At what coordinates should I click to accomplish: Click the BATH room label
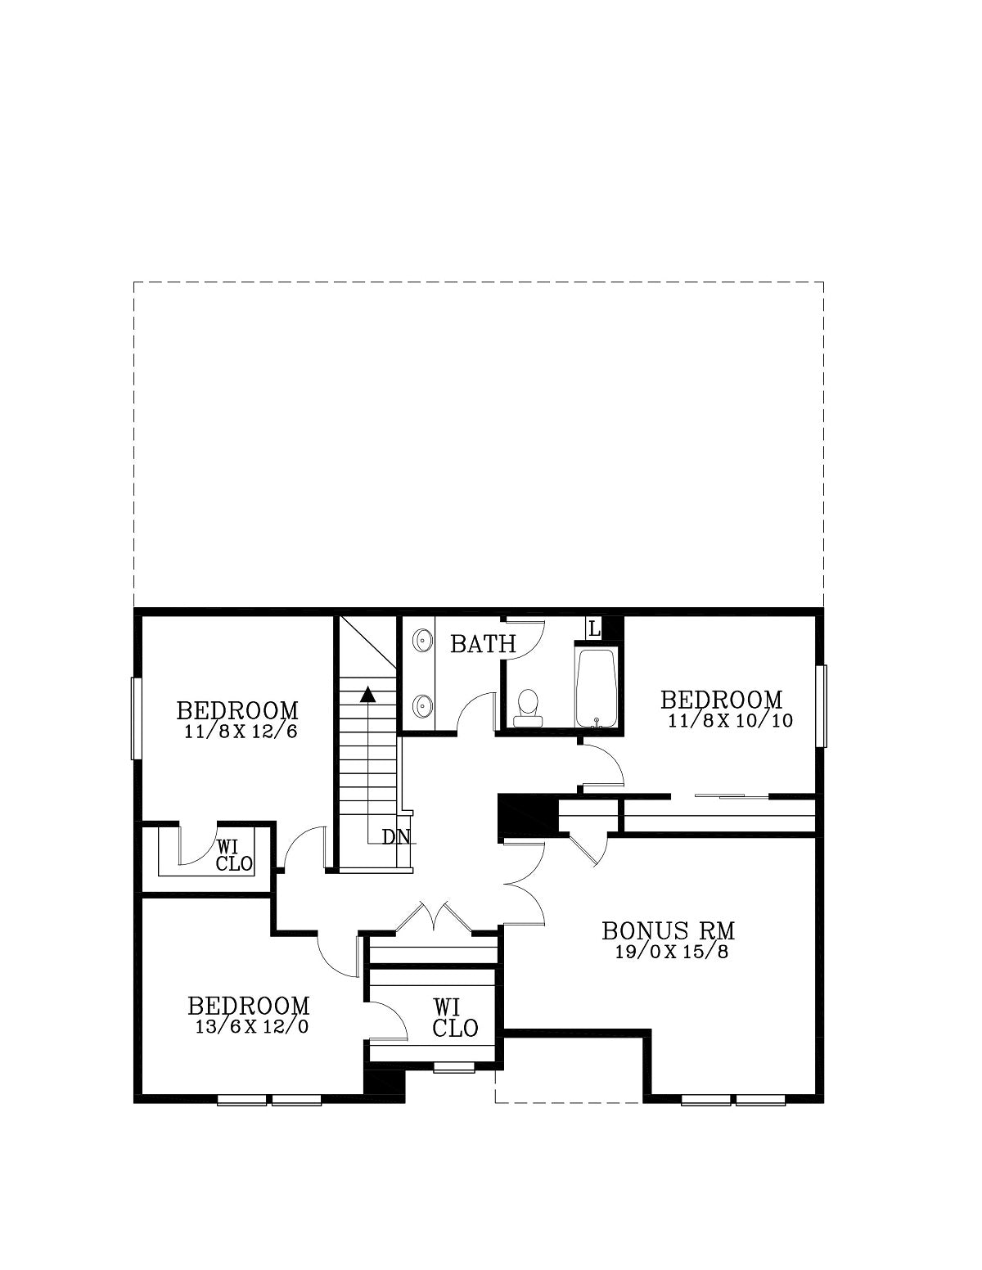click(x=483, y=644)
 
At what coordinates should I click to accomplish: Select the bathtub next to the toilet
click(x=597, y=687)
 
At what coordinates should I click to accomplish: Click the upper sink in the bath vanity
click(x=421, y=641)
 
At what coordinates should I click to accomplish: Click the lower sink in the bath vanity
click(x=421, y=705)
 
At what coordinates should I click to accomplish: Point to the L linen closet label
click(x=594, y=629)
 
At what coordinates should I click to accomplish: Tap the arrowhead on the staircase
click(x=367, y=694)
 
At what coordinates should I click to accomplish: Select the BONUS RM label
click(x=669, y=930)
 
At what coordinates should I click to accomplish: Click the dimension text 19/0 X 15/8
click(x=672, y=952)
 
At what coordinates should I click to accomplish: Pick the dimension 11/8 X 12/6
click(x=241, y=731)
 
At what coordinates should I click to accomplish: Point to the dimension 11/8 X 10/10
click(x=730, y=720)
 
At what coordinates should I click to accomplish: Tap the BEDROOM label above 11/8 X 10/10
click(x=722, y=699)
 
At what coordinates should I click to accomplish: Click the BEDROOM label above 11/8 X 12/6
click(x=238, y=710)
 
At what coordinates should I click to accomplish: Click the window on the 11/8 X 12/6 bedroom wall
click(x=137, y=718)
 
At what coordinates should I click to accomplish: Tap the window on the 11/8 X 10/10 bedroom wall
click(x=821, y=706)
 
